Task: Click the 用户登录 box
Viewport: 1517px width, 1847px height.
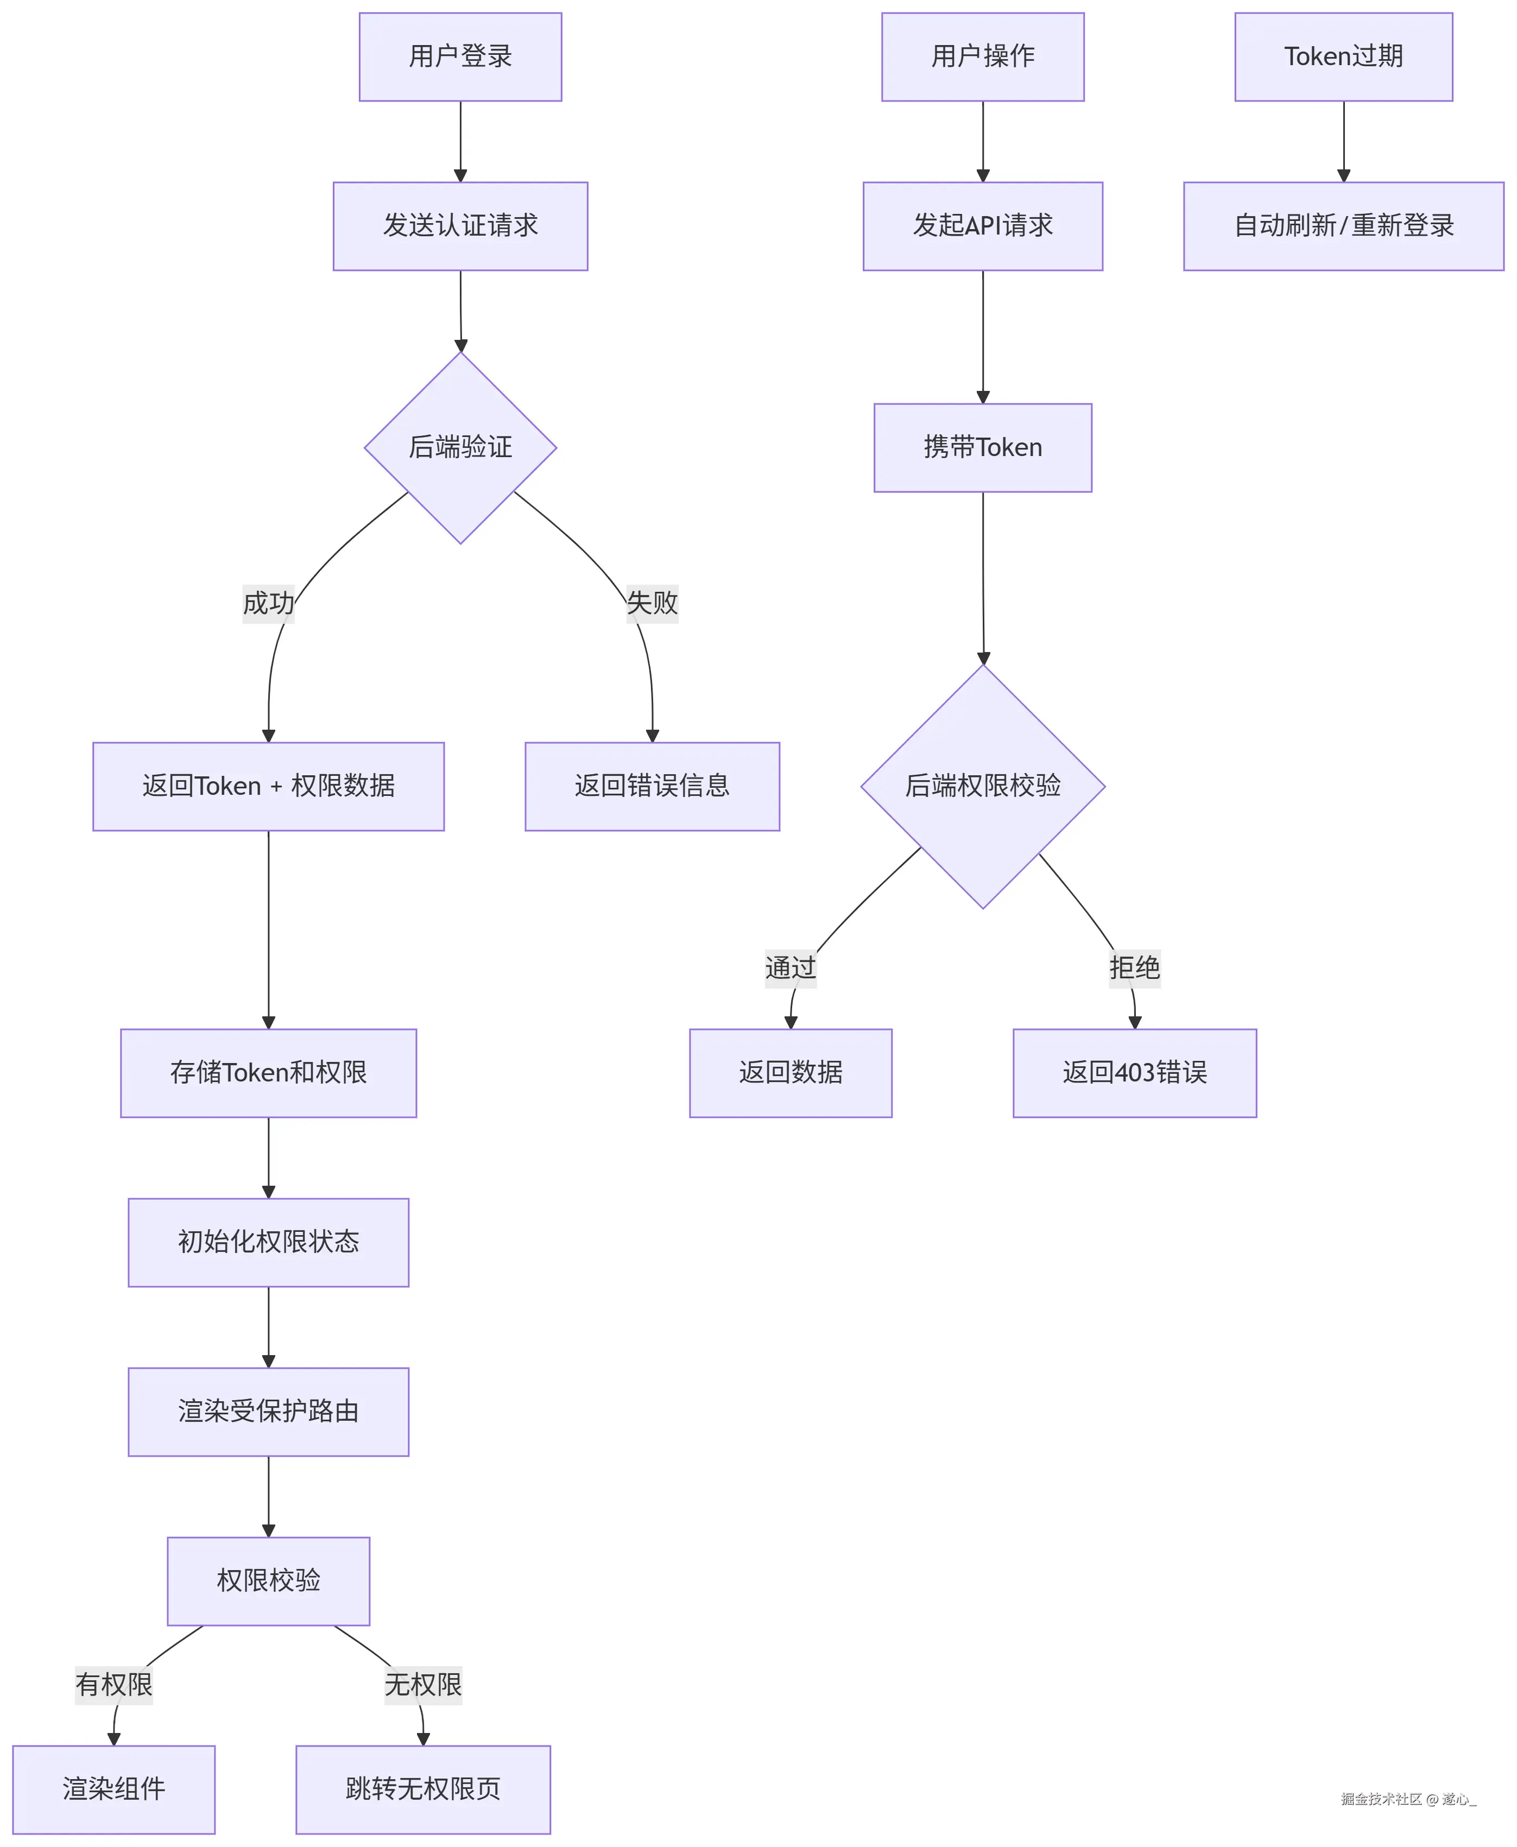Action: (x=460, y=57)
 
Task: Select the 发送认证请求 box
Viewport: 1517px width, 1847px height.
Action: (x=460, y=226)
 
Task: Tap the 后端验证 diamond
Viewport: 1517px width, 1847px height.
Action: (x=460, y=447)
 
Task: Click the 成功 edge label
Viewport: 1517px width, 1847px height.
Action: (x=268, y=603)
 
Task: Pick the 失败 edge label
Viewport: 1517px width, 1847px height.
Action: (x=652, y=603)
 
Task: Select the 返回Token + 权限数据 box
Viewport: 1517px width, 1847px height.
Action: (x=268, y=786)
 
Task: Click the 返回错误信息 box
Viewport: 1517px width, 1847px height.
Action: (x=652, y=786)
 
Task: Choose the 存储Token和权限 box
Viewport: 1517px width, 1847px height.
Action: (x=268, y=1073)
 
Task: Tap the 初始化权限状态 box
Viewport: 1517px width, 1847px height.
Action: (x=268, y=1242)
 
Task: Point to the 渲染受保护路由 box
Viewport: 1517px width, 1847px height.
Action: (x=268, y=1412)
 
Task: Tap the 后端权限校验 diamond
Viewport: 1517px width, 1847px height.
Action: (x=983, y=786)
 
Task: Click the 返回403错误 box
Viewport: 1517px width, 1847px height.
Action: (x=1134, y=1073)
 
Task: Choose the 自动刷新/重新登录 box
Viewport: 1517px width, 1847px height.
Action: (x=1343, y=226)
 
